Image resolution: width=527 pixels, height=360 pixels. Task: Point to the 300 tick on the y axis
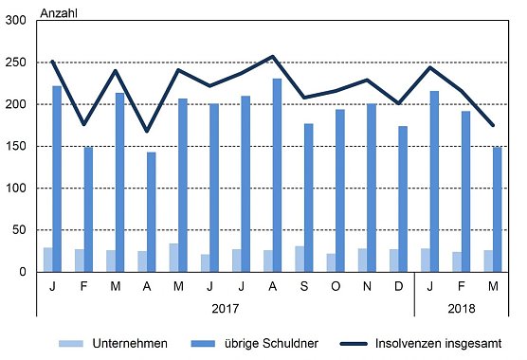[16, 21]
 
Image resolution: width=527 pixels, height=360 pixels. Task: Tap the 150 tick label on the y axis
[16, 146]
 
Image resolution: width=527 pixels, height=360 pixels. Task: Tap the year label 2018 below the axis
[461, 308]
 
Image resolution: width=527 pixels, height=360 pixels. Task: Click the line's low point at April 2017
[146, 131]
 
